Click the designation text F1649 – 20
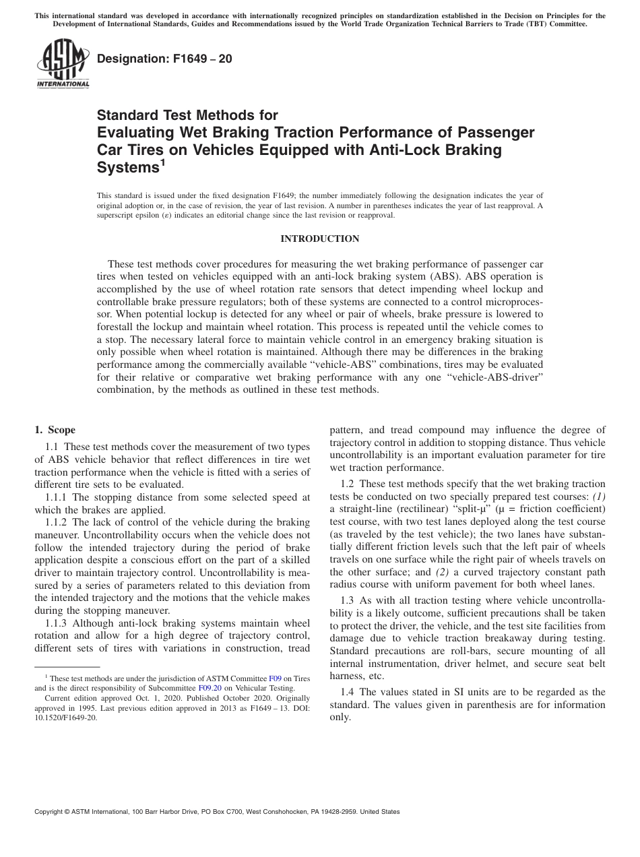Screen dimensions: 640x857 (164, 59)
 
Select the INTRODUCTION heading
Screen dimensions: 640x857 (319, 239)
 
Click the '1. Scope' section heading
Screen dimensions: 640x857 (55, 431)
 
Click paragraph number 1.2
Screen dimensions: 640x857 (348, 484)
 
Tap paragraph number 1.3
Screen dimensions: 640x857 (348, 600)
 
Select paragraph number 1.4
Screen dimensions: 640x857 (348, 692)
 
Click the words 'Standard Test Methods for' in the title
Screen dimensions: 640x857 (188, 116)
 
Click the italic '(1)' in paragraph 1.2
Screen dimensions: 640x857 (599, 497)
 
